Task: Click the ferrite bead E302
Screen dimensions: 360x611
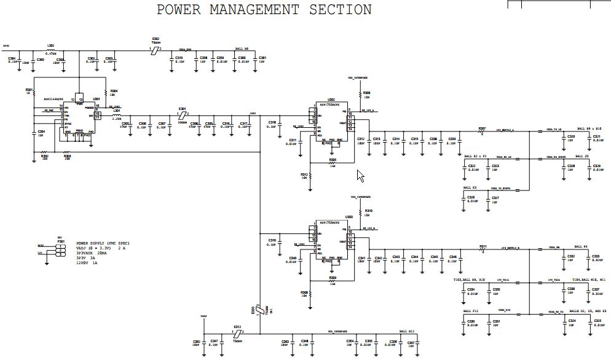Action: [156, 50]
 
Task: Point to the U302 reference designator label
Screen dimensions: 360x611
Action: [331, 99]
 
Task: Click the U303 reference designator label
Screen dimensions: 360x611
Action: [349, 217]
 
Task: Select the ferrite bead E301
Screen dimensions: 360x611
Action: [182, 115]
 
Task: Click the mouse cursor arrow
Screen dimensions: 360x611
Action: [360, 176]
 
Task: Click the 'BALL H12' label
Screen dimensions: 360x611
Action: [407, 331]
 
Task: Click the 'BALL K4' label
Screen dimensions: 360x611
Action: [581, 246]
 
